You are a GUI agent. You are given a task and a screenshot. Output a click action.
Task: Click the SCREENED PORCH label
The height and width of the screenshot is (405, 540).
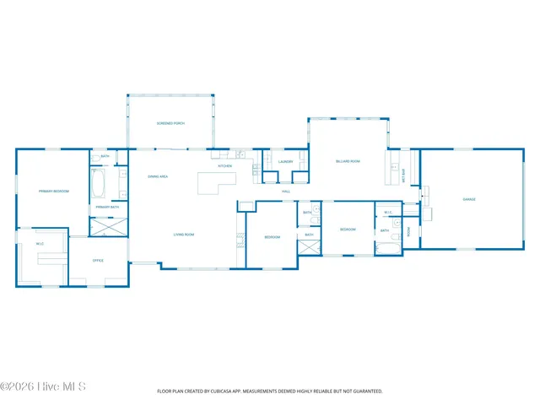pos(170,123)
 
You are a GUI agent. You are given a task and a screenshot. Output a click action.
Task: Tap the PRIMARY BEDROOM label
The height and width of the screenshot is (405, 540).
pos(53,192)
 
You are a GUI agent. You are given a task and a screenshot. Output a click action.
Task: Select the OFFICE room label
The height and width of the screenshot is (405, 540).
pos(98,260)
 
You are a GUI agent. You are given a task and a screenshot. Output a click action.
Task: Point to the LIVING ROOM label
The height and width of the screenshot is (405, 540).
pos(184,235)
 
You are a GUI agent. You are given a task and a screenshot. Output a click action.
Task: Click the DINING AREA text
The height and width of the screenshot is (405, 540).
pos(158,176)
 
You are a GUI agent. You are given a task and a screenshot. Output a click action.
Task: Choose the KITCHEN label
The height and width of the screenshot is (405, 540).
pos(224,166)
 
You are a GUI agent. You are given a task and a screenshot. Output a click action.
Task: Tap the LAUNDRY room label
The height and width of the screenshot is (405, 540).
pos(284,161)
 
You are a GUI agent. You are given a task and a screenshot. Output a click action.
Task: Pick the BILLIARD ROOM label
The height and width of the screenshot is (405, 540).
pos(348,160)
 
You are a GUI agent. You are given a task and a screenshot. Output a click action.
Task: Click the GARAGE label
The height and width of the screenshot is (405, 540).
pos(469,199)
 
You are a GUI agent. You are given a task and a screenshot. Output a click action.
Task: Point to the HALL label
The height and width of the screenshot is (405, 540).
pos(286,192)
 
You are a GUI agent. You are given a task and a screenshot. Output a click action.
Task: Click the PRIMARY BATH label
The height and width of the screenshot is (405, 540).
pos(107,207)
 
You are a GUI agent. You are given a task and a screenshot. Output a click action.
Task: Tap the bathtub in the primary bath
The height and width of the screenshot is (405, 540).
pos(97,182)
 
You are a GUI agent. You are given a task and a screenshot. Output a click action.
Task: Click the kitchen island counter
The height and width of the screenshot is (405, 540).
pos(214,183)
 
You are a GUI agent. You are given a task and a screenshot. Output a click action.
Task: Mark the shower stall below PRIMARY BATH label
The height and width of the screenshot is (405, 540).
pos(110,226)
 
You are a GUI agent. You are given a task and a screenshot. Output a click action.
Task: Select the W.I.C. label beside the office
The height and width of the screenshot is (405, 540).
pos(40,244)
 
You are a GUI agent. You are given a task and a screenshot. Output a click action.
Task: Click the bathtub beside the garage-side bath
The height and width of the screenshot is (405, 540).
pos(390,246)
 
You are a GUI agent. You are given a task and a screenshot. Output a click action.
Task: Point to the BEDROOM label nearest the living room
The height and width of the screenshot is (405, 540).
pos(272,237)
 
